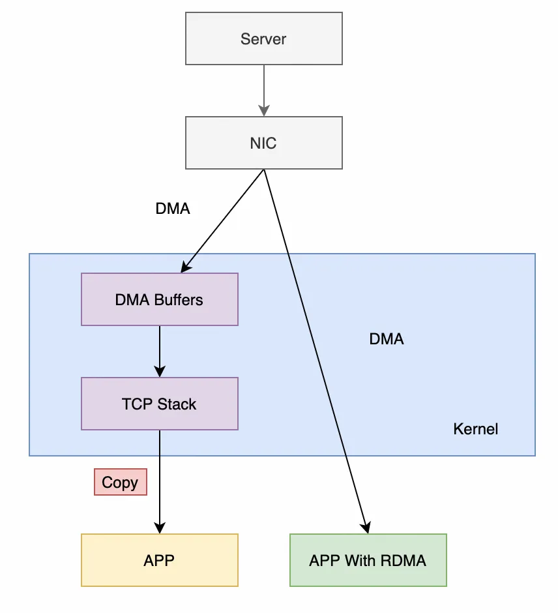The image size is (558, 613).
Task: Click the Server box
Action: click(264, 38)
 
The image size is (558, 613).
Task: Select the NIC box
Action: click(264, 143)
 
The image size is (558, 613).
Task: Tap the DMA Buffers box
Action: click(160, 299)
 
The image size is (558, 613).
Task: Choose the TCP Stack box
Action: click(160, 404)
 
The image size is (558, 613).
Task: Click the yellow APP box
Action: click(160, 560)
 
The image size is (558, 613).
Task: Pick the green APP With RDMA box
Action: click(368, 560)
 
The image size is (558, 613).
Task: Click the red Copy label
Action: click(121, 482)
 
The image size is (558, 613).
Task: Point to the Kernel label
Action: click(476, 429)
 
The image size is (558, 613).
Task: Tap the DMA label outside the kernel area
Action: click(173, 209)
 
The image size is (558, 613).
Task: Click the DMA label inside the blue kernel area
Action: click(387, 339)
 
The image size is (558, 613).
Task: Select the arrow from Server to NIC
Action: click(264, 91)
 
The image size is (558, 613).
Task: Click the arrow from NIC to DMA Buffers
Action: click(222, 221)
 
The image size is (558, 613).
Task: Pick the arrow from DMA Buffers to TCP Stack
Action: click(160, 351)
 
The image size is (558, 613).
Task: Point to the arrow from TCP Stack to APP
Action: click(160, 482)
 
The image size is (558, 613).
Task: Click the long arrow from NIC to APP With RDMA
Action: click(316, 351)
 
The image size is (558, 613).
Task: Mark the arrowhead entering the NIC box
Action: click(264, 111)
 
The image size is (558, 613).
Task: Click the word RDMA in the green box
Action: click(403, 561)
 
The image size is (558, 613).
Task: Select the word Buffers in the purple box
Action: click(179, 300)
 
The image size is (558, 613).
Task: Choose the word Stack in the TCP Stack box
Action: click(177, 404)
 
